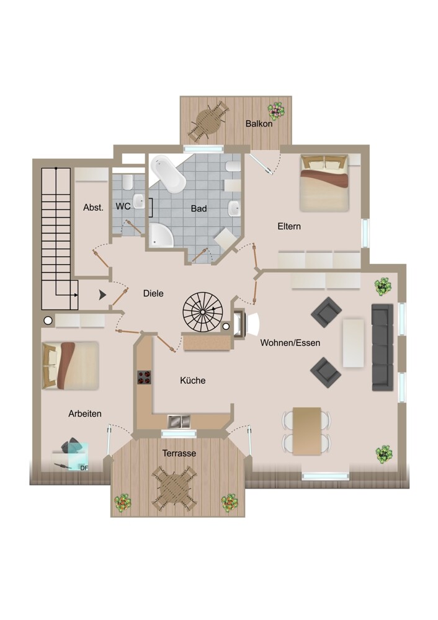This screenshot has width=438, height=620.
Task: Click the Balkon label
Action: pyautogui.click(x=259, y=124)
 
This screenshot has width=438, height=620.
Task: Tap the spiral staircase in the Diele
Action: pyautogui.click(x=203, y=312)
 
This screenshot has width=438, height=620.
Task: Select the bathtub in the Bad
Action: pyautogui.click(x=168, y=174)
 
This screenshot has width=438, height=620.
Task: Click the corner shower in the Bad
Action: pyautogui.click(x=161, y=235)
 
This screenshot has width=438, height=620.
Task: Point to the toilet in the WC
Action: pyautogui.click(x=127, y=182)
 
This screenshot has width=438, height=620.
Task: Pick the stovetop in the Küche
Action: pyautogui.click(x=144, y=377)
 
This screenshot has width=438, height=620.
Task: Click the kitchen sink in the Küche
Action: pyautogui.click(x=179, y=421)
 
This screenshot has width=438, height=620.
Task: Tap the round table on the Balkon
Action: pyautogui.click(x=209, y=121)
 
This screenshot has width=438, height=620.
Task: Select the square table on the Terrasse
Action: pyautogui.click(x=174, y=488)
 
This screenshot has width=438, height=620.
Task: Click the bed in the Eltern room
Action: pyautogui.click(x=324, y=183)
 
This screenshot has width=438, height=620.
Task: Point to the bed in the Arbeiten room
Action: pyautogui.click(x=70, y=366)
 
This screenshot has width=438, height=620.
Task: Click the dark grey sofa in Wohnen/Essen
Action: pyautogui.click(x=383, y=347)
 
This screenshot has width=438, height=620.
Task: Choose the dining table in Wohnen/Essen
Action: pyautogui.click(x=306, y=431)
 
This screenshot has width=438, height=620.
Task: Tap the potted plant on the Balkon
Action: pyautogui.click(x=276, y=110)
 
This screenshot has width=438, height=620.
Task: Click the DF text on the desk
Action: pyautogui.click(x=84, y=467)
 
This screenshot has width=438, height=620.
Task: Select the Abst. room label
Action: pyautogui.click(x=94, y=207)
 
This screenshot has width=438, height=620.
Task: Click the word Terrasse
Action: pyautogui.click(x=179, y=453)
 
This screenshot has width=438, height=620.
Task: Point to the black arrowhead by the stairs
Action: pyautogui.click(x=102, y=294)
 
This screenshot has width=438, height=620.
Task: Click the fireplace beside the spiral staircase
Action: pyautogui.click(x=240, y=324)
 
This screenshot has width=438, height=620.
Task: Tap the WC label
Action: pyautogui.click(x=123, y=206)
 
